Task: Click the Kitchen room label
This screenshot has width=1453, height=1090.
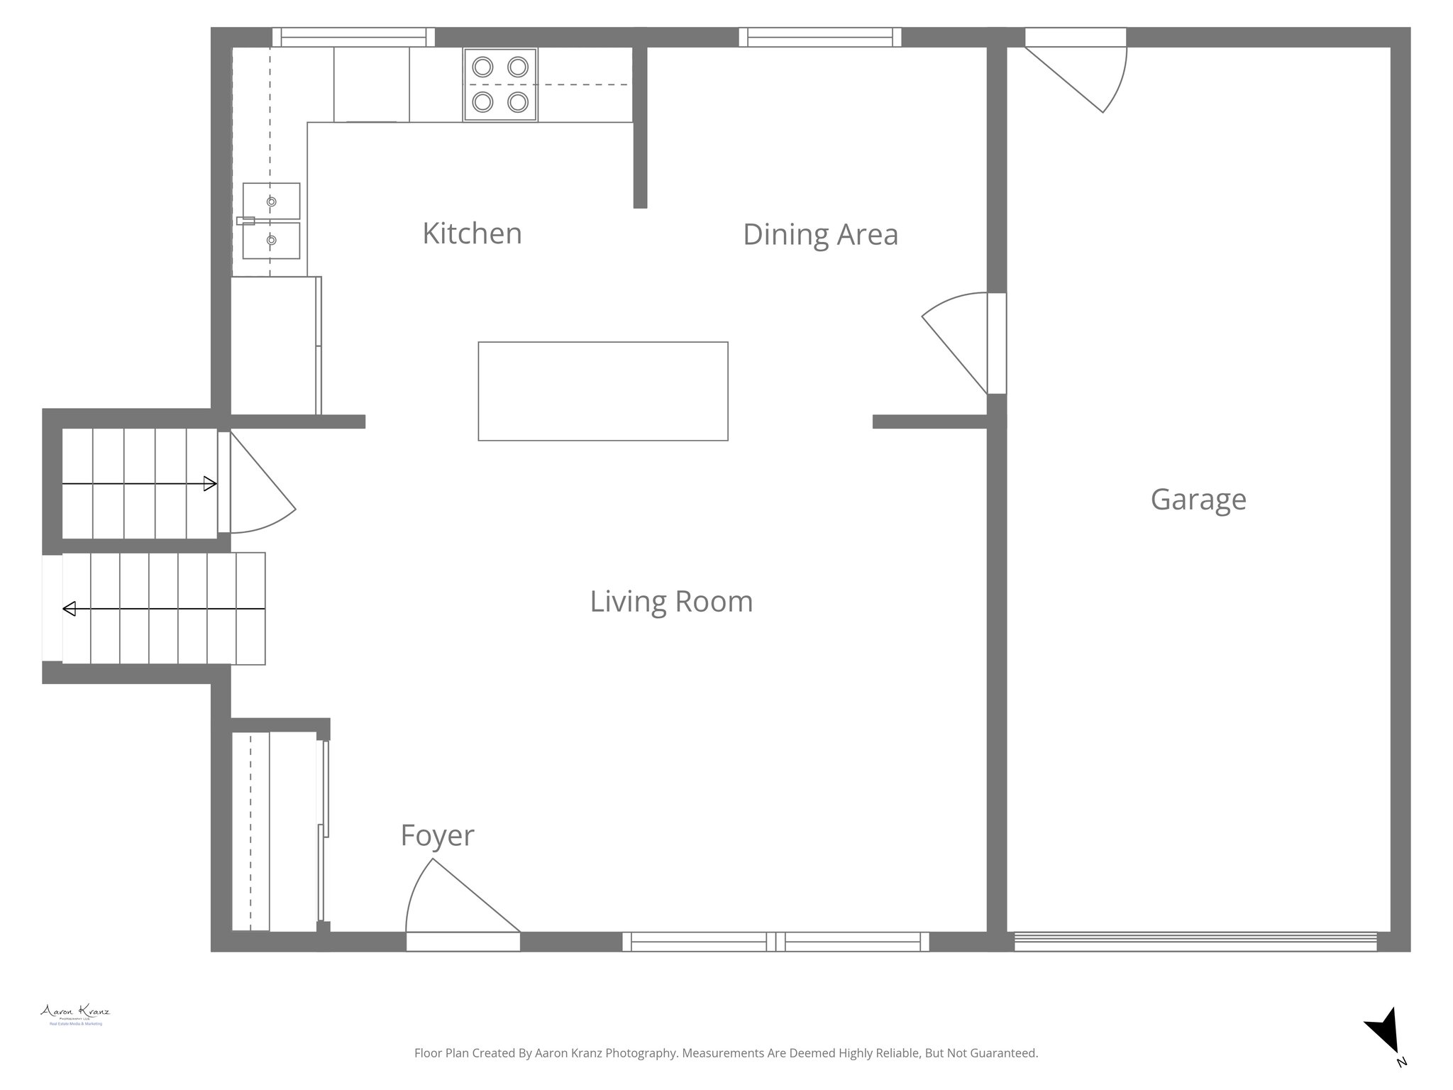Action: [472, 233]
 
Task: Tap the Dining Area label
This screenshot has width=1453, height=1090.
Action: [820, 235]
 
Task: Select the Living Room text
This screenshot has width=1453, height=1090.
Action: [671, 602]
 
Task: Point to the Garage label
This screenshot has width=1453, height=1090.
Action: [1198, 500]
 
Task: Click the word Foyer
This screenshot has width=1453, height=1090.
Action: [437, 835]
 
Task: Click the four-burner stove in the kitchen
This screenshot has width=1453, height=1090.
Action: [500, 84]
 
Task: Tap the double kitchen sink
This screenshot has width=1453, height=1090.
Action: [271, 221]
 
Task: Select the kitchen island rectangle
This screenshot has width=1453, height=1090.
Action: [603, 391]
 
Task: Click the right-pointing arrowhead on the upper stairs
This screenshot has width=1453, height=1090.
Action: [210, 484]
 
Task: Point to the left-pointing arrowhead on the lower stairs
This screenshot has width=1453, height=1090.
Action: [70, 609]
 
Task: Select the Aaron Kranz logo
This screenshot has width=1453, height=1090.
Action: [75, 1014]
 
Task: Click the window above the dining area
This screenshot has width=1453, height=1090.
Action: [820, 37]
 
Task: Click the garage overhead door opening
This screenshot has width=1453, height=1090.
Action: [1195, 941]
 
